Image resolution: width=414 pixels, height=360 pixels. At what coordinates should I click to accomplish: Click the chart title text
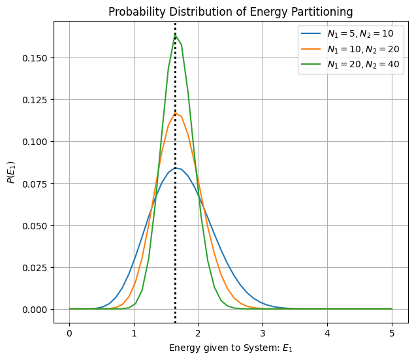click(231, 12)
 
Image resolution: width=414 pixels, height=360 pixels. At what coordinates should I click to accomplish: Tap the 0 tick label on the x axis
click(69, 333)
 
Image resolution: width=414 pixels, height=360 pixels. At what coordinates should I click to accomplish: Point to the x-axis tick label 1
click(134, 333)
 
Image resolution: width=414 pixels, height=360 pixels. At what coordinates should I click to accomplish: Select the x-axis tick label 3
click(263, 333)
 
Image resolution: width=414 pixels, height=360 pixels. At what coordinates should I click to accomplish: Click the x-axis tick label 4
click(327, 333)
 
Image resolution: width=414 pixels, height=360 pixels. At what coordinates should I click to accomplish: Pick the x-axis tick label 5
click(392, 333)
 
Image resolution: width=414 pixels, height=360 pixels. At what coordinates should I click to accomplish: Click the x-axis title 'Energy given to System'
click(231, 348)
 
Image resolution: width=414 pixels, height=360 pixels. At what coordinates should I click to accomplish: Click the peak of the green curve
click(175, 35)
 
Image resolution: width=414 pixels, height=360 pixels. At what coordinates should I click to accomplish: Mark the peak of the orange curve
click(175, 113)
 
